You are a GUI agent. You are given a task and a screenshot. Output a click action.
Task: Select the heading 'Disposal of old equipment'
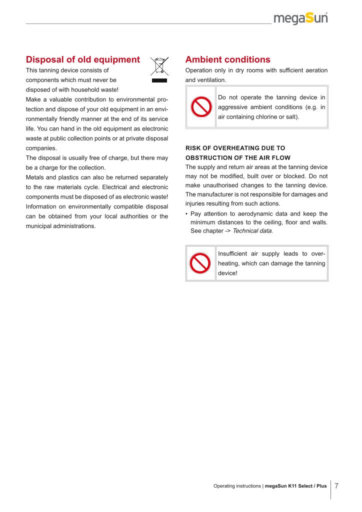[83, 59]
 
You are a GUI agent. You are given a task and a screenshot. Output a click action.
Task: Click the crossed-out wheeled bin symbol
[159, 66]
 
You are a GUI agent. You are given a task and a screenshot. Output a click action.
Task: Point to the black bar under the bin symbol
[159, 80]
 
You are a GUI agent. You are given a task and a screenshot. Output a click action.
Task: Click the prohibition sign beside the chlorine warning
[200, 106]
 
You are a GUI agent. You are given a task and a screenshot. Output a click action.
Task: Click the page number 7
[337, 486]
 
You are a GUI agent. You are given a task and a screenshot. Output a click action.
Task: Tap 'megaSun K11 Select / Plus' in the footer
[295, 486]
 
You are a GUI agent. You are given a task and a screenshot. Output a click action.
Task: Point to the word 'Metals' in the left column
[35, 177]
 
